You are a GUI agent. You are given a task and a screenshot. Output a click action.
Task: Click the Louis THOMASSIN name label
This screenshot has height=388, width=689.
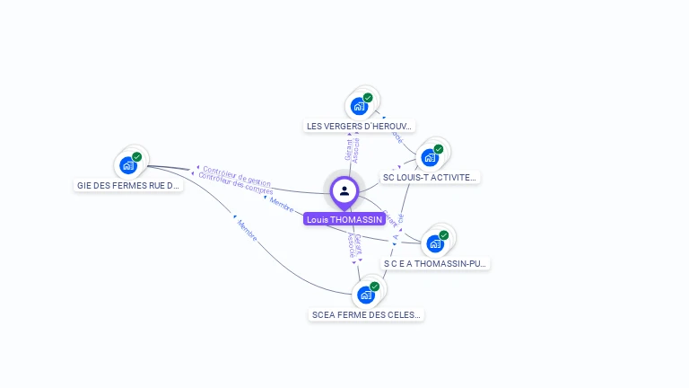(x=344, y=219)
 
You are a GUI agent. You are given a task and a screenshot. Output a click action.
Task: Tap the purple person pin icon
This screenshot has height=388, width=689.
(x=344, y=190)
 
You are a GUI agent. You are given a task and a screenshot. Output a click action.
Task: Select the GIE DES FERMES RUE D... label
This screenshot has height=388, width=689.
(x=128, y=186)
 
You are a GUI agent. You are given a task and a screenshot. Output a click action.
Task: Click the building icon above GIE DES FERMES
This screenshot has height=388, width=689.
(x=128, y=165)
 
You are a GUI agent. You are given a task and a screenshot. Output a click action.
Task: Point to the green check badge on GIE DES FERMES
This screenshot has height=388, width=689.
(x=137, y=156)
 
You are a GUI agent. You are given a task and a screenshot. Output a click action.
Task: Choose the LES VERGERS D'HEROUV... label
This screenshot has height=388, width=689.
(x=360, y=127)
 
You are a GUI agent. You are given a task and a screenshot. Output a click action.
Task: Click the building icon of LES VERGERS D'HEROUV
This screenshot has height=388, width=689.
(x=359, y=106)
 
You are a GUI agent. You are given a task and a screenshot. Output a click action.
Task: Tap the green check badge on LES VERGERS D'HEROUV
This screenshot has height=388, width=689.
(x=368, y=97)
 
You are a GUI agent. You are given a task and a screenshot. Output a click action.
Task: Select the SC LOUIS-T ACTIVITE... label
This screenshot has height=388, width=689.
(x=430, y=178)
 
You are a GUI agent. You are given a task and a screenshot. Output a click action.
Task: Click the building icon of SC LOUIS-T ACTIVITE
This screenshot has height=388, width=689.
(x=430, y=158)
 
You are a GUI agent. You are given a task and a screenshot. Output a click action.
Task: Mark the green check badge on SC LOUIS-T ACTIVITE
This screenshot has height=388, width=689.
(x=439, y=149)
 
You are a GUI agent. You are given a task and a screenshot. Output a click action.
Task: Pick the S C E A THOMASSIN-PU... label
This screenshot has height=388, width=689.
(x=435, y=264)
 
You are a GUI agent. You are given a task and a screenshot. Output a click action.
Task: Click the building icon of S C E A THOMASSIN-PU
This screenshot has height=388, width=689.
(x=435, y=243)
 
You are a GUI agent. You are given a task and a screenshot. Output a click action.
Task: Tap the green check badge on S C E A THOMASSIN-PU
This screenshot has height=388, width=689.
(x=444, y=234)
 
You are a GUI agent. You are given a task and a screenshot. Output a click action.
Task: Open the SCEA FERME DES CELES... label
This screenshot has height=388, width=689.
(x=365, y=315)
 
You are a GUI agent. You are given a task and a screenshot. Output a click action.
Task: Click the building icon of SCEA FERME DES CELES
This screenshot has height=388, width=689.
(x=365, y=295)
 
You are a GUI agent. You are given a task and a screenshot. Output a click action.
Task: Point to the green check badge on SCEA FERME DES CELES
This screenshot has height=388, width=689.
(x=374, y=286)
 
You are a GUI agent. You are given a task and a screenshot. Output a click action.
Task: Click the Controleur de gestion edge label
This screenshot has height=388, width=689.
(x=237, y=174)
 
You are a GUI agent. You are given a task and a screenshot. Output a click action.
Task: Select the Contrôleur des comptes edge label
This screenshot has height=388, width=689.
(x=235, y=183)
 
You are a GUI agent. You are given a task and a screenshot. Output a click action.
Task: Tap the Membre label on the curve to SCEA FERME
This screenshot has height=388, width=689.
(x=247, y=231)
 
